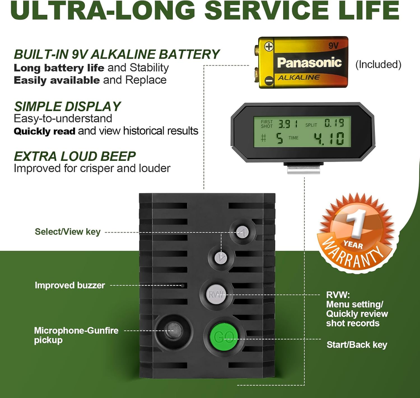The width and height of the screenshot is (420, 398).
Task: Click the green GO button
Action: pos(224,337)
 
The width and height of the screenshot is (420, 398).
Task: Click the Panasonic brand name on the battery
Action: pos(309,62)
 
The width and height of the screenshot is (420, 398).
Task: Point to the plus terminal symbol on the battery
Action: pos(269,46)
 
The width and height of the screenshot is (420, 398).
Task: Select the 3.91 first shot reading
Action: pos(288,124)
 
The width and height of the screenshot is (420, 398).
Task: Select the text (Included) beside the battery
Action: pos(378,65)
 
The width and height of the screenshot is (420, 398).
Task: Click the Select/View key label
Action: pos(68,232)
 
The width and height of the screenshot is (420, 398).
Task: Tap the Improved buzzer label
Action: pos(70,285)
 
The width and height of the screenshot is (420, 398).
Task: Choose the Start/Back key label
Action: pos(357,345)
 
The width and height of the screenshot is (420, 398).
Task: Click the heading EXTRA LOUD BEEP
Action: pos(75,156)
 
